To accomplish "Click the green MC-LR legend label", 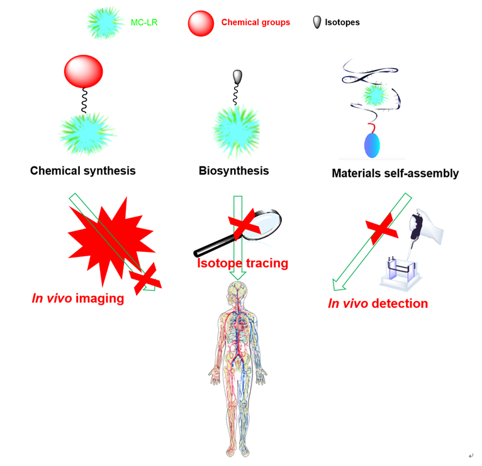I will coord(145,22).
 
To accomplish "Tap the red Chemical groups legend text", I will coord(255,22).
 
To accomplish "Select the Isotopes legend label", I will coord(342,23).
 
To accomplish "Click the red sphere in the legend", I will coord(201,23).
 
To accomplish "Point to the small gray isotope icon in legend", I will coord(317,22).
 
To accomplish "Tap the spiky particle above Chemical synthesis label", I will coord(87,133).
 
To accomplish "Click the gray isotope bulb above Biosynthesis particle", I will coord(237,77).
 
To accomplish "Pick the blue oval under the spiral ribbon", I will coord(372,144).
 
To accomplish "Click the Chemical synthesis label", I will coord(82,171).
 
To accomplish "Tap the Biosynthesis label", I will coord(233,171).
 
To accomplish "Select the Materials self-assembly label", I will coord(395,173).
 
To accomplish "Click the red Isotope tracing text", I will coord(242,263).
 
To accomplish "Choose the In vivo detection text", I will coord(378,304).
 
